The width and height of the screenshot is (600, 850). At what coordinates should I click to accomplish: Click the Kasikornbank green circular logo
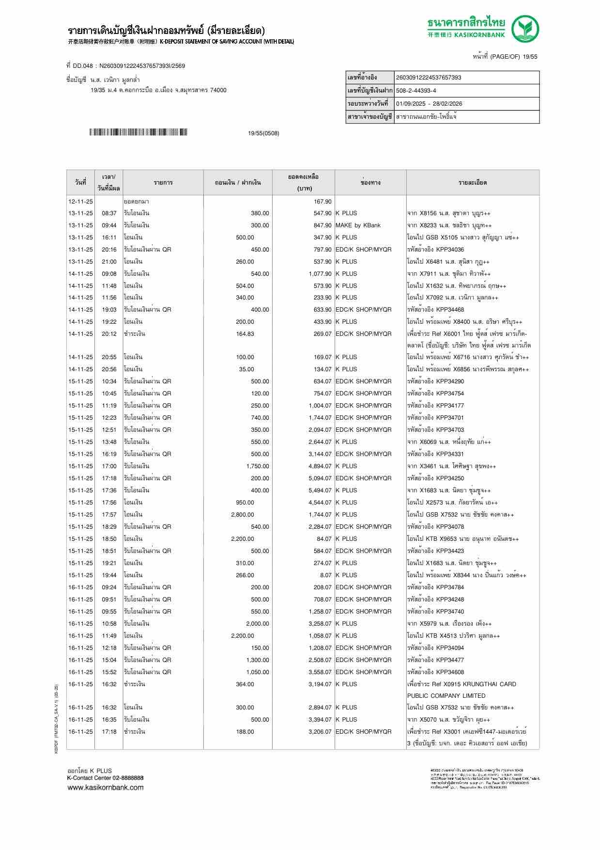[x=525, y=29]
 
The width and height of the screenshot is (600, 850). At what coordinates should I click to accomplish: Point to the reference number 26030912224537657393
[x=428, y=78]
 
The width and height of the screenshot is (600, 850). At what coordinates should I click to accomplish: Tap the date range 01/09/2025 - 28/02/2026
[x=429, y=104]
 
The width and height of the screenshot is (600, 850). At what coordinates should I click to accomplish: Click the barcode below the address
[x=138, y=132]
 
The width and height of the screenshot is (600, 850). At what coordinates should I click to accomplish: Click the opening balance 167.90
[x=323, y=202]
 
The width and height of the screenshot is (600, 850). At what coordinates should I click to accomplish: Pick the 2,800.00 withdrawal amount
[x=243, y=515]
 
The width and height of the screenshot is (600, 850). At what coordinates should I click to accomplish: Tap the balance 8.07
[x=325, y=575]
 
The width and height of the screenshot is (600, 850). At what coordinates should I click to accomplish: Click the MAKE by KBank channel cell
[x=358, y=225]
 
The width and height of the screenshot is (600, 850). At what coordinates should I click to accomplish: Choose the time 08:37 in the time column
[x=109, y=213]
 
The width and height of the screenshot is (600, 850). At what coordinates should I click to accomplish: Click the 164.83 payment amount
[x=245, y=334]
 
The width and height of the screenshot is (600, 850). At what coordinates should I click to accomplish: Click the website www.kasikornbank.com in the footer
[x=106, y=787]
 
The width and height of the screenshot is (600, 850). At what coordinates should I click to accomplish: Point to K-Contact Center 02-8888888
[x=105, y=778]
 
